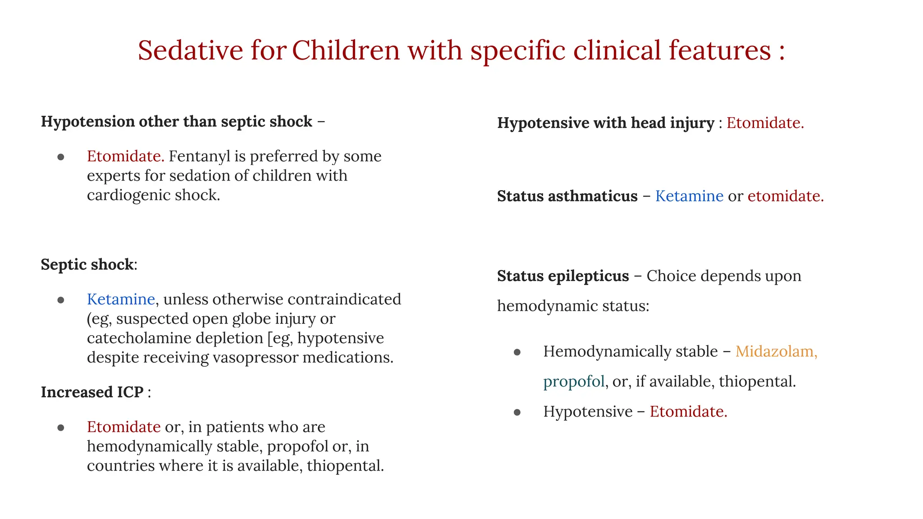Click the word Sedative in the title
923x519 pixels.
tap(190, 50)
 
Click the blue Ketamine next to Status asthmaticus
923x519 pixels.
tap(689, 196)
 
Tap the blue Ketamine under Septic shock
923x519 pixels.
tap(121, 299)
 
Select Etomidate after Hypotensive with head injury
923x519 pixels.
tap(765, 123)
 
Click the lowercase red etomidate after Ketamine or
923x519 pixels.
tap(785, 196)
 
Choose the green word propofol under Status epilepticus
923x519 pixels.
tap(574, 382)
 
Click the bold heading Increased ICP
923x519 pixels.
tap(92, 392)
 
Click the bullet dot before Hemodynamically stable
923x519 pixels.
tap(517, 352)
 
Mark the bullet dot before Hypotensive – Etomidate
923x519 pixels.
tap(517, 412)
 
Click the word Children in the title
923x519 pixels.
tap(346, 50)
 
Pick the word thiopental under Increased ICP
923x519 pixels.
tap(345, 466)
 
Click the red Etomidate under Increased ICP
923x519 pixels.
tap(123, 427)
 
